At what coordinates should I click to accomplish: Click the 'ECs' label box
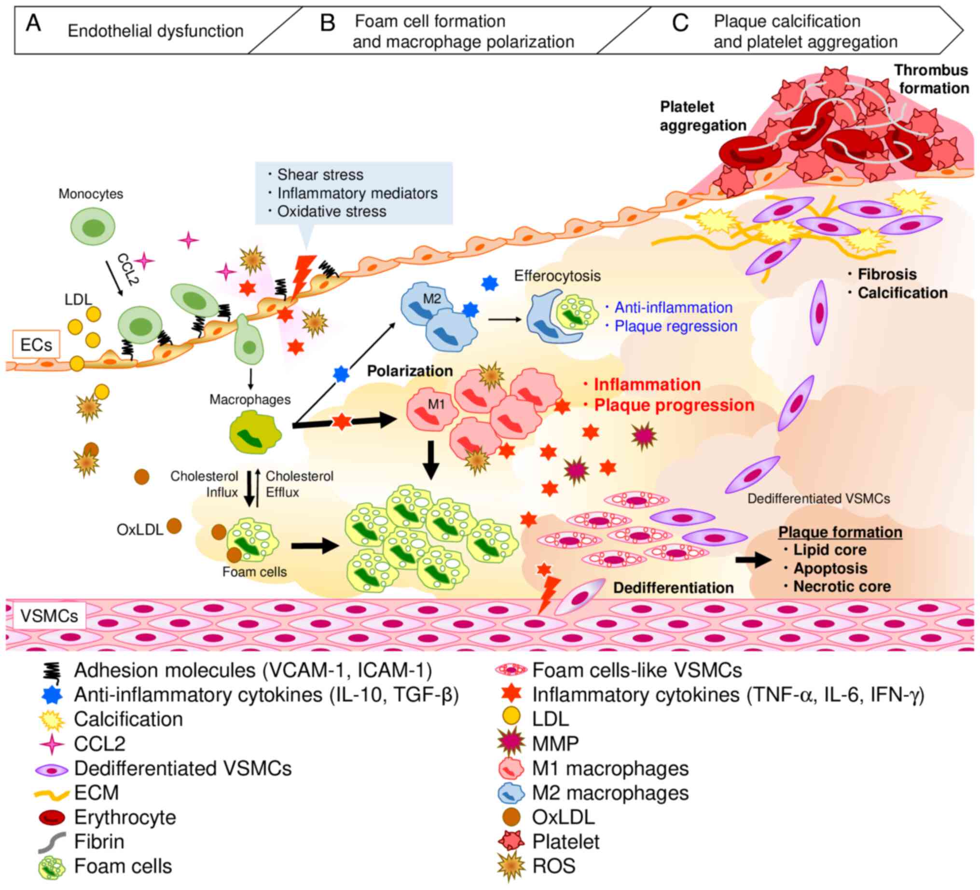pyautogui.click(x=36, y=344)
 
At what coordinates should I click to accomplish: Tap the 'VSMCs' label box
pyautogui.click(x=49, y=616)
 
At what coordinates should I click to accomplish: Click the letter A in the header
pyautogui.click(x=33, y=23)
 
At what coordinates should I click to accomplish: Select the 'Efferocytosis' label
pyautogui.click(x=557, y=275)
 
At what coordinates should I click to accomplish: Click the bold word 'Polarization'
pyautogui.click(x=409, y=371)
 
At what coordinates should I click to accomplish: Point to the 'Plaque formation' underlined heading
pyautogui.click(x=840, y=532)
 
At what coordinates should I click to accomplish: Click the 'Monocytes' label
pyautogui.click(x=90, y=193)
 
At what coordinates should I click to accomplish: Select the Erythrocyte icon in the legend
pyautogui.click(x=52, y=818)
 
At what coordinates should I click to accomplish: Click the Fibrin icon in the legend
pyautogui.click(x=52, y=842)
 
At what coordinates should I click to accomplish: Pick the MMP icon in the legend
pyautogui.click(x=511, y=744)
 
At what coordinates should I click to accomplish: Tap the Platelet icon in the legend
pyautogui.click(x=511, y=842)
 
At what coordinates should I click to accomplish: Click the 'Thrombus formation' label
pyautogui.click(x=932, y=79)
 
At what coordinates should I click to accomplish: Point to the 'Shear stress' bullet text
pyautogui.click(x=320, y=175)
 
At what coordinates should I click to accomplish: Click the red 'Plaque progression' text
pyautogui.click(x=674, y=405)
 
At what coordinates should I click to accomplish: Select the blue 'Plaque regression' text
pyautogui.click(x=675, y=326)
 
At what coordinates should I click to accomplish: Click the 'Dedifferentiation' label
pyautogui.click(x=673, y=588)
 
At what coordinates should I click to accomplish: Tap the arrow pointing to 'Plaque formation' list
pyautogui.click(x=753, y=560)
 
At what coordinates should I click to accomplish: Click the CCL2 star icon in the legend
pyautogui.click(x=52, y=744)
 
